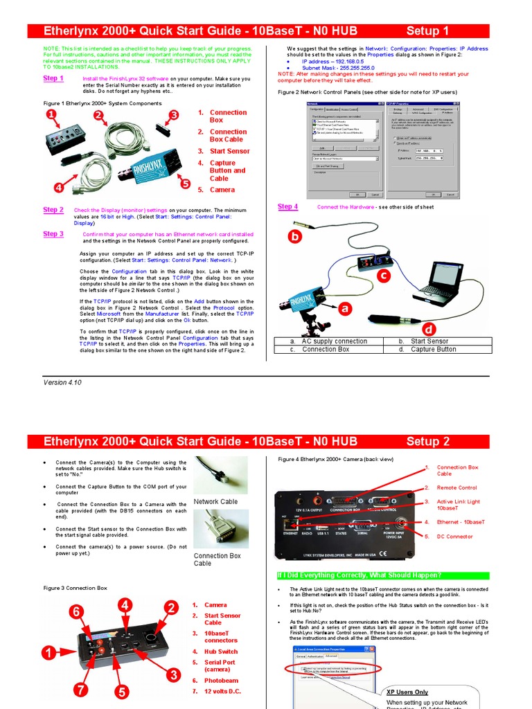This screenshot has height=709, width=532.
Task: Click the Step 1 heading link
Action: point(53,79)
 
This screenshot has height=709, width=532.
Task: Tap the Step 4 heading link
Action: point(287,206)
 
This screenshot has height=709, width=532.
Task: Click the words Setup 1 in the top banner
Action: point(427,31)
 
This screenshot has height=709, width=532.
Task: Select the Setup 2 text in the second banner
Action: point(427,442)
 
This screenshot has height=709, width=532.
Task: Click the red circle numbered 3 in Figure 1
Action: point(174,115)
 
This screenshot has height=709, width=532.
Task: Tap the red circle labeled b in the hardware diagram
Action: point(295,236)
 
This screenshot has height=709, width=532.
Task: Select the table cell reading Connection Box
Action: point(325,350)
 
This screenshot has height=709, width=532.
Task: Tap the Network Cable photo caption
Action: point(215,502)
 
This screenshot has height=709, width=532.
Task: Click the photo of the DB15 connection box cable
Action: point(220,528)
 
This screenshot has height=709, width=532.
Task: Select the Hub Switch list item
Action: point(220,652)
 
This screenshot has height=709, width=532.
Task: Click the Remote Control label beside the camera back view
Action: point(456,487)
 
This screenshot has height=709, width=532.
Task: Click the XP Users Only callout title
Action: point(407,692)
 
